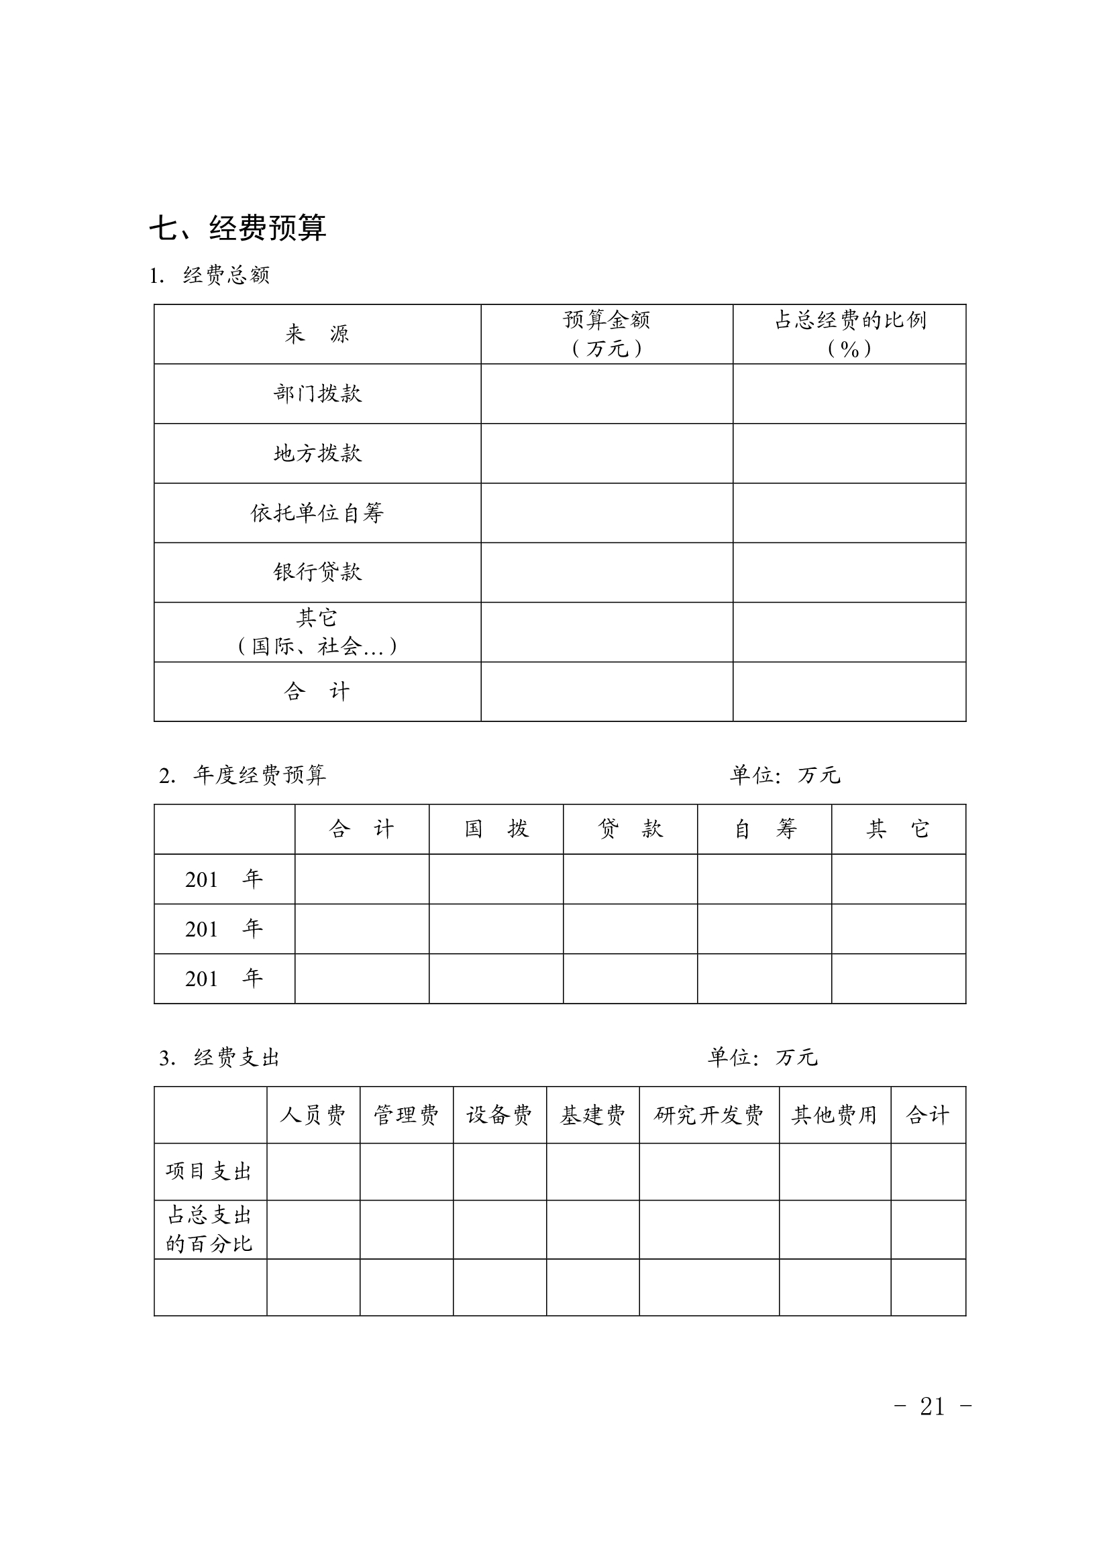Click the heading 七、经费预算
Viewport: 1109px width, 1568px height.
(x=237, y=228)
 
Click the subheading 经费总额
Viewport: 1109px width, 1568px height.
(x=225, y=276)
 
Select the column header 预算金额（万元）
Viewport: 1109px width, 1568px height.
(x=606, y=334)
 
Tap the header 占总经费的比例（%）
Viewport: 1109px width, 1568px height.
(x=849, y=334)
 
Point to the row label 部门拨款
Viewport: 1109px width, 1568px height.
(x=317, y=394)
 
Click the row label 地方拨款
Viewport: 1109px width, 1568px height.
(x=317, y=453)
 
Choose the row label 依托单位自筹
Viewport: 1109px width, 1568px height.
(x=317, y=513)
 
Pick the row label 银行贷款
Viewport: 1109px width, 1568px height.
(x=317, y=572)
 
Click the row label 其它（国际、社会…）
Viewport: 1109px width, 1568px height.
(x=317, y=631)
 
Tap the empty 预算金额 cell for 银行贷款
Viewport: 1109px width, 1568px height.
(x=606, y=572)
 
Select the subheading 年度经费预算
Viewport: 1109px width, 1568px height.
(x=259, y=775)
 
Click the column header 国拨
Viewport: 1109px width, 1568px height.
(x=496, y=829)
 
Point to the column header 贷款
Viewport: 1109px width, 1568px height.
(x=630, y=829)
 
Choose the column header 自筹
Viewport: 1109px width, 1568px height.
(x=765, y=829)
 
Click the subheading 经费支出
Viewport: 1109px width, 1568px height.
(x=236, y=1058)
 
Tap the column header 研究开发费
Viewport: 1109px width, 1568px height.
(x=708, y=1115)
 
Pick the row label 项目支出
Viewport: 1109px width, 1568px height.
(x=209, y=1172)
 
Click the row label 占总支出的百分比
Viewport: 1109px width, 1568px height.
(x=209, y=1229)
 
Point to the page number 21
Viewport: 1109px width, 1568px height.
(x=932, y=1406)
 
